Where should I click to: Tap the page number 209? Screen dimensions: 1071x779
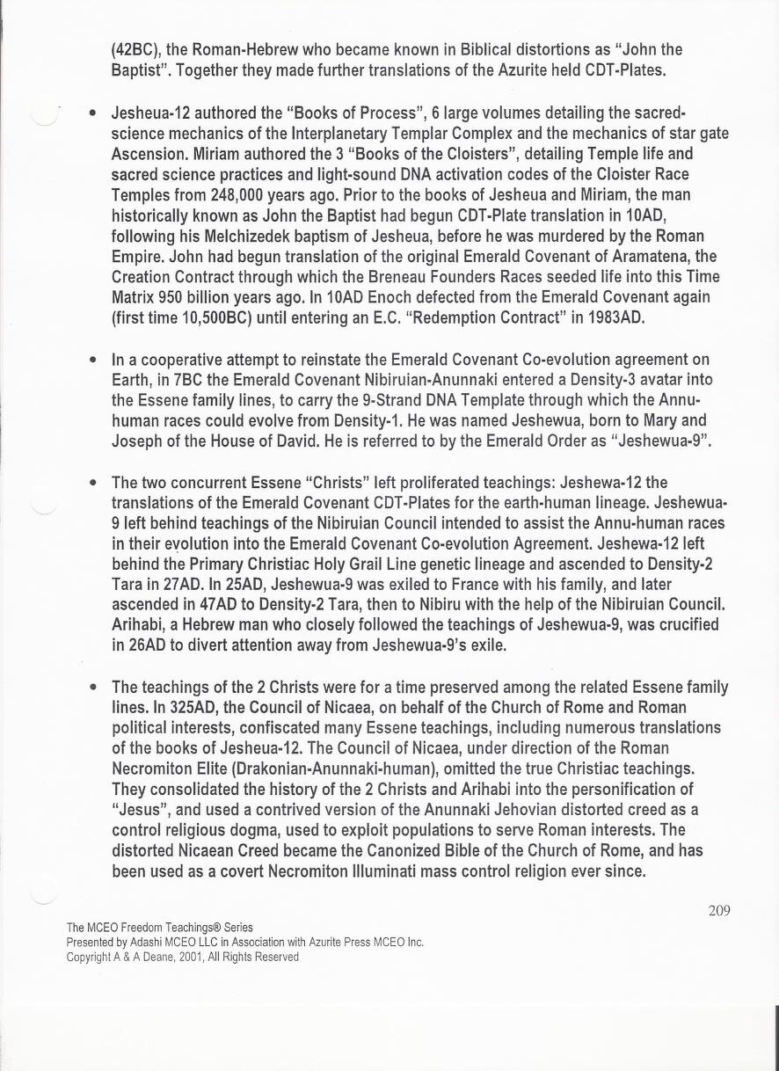point(719,910)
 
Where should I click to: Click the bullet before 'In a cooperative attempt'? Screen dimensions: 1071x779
point(92,361)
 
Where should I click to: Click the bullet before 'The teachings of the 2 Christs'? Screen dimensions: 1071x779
point(92,688)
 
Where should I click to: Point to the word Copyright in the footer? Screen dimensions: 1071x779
point(90,957)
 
